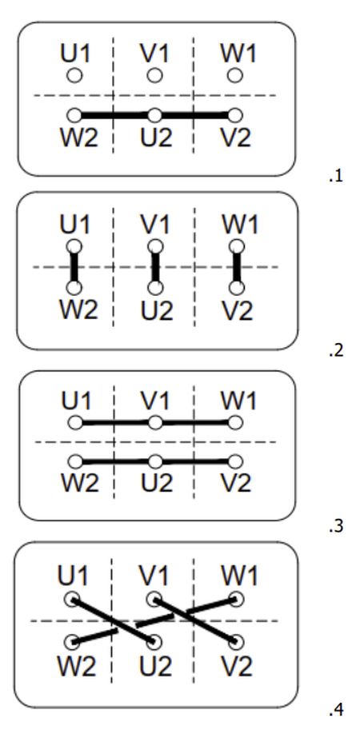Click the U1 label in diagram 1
pyautogui.click(x=75, y=54)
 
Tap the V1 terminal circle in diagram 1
pyautogui.click(x=154, y=75)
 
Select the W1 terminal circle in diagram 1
pyautogui.click(x=235, y=75)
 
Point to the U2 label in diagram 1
pyautogui.click(x=157, y=138)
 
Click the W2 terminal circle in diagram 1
pyautogui.click(x=74, y=115)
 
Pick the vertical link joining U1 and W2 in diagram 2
pyautogui.click(x=74, y=267)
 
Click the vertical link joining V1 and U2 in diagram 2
pyautogui.click(x=155, y=267)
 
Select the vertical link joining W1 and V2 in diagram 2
pyautogui.click(x=237, y=267)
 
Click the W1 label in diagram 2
pyautogui.click(x=239, y=225)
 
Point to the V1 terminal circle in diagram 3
pyautogui.click(x=155, y=423)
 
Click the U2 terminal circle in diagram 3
pyautogui.click(x=155, y=461)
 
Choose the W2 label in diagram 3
pyautogui.click(x=80, y=484)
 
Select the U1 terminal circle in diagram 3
pyautogui.click(x=75, y=423)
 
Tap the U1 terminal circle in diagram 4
pyautogui.click(x=72, y=600)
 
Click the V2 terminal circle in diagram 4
pyautogui.click(x=237, y=641)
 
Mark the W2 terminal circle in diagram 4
pyautogui.click(x=72, y=641)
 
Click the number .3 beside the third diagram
pyautogui.click(x=336, y=526)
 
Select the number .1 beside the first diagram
pyautogui.click(x=336, y=177)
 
